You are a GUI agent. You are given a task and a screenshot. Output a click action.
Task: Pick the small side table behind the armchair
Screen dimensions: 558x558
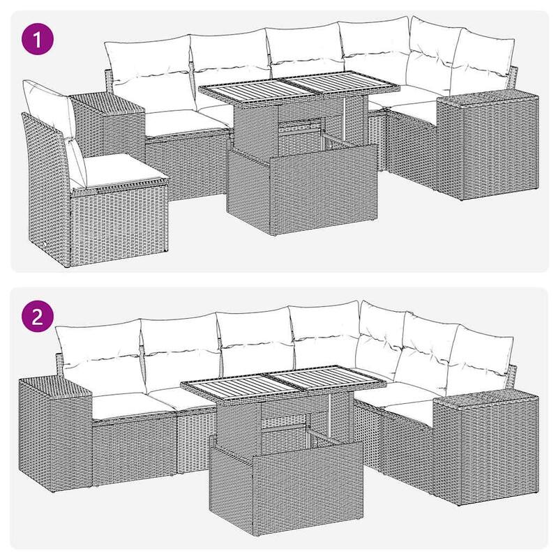pyautogui.click(x=108, y=122)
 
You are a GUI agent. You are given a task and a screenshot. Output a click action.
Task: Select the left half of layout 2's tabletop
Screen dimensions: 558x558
pyautogui.click(x=230, y=386)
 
